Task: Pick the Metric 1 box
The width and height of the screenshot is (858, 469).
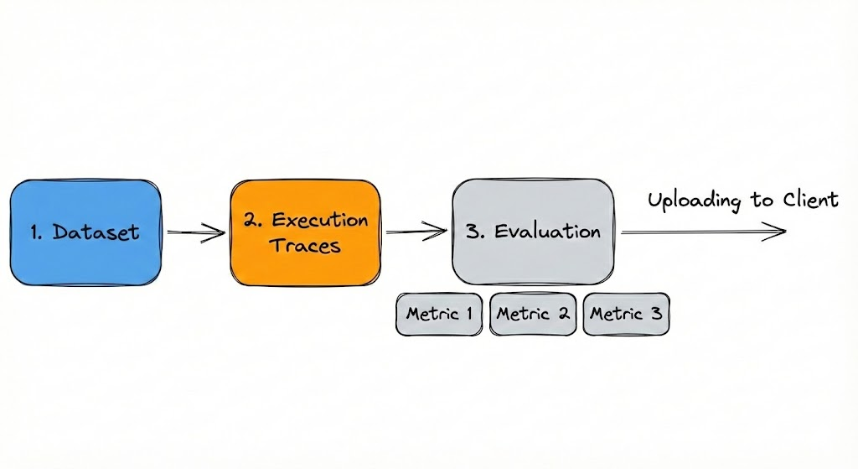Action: coord(440,315)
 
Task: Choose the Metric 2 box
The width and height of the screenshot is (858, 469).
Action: coord(534,315)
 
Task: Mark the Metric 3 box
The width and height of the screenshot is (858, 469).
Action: coord(627,315)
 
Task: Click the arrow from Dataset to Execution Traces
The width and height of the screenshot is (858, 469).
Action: coord(195,233)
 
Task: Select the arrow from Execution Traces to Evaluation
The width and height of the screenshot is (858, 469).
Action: coord(416,230)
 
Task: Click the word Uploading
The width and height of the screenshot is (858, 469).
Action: coord(695,201)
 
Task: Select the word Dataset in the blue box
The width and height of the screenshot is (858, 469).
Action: coord(96,232)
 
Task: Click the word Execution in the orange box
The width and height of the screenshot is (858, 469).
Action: coord(320,221)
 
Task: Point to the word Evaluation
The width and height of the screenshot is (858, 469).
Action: coord(548,231)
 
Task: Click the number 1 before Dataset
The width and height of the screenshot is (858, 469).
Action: coord(36,232)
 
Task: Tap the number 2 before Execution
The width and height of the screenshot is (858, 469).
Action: coord(251,221)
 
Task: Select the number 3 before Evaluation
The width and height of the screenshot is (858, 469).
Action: coord(473,231)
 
